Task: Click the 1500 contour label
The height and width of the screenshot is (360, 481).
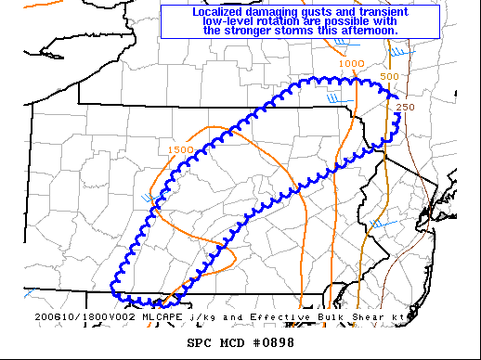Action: (181, 149)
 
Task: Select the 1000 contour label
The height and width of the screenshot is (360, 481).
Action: (352, 63)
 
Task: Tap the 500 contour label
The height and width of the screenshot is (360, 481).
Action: (389, 76)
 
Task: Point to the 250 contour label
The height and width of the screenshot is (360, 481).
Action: (405, 108)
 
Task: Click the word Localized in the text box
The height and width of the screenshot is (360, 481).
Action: (223, 11)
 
